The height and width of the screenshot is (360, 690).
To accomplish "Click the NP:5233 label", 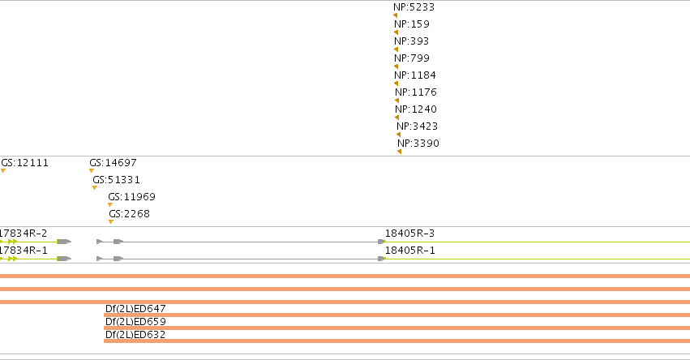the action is coord(414,7).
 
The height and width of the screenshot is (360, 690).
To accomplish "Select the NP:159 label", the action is coord(412,24).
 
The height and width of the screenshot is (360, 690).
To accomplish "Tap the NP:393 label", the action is coord(411,41).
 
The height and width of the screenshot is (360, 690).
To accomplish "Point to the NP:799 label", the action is coord(412,58).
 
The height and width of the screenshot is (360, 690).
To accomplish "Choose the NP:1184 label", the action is coord(415,75).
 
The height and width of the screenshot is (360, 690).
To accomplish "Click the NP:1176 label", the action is coord(416,92).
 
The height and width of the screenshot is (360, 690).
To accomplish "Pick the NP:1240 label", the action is coord(416,109).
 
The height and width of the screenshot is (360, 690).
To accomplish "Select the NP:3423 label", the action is coord(418,126).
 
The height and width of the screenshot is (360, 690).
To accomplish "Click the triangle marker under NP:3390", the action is coord(399,152).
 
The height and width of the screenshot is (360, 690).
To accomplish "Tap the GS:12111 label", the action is coord(24,163).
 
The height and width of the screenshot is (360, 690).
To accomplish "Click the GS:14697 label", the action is coord(113,163).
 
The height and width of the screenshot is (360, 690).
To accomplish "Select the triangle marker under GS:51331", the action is coord(95,188).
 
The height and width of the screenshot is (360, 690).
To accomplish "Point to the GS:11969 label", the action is coord(131,197).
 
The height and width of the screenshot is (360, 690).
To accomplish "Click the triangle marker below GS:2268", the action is coord(111,222).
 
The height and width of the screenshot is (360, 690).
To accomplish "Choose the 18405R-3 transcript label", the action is coord(409,234).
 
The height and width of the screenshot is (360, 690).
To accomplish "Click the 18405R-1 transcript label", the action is coord(409,251).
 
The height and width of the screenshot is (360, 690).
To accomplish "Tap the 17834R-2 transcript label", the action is coord(24,234).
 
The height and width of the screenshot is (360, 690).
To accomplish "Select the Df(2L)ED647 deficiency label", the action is coord(135,308).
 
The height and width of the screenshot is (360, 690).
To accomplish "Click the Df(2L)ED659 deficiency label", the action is coord(135,322).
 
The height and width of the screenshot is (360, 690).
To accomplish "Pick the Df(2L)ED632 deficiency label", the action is coord(135,335).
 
